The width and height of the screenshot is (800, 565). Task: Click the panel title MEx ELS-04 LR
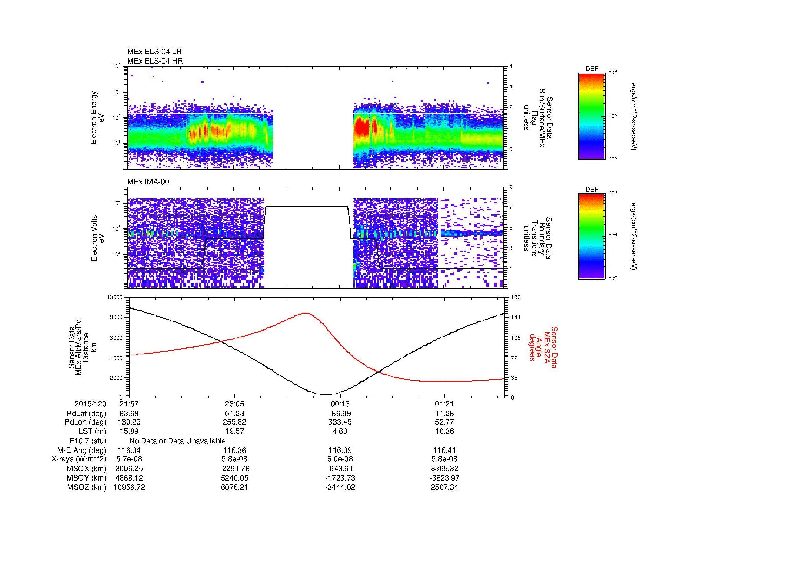(x=154, y=52)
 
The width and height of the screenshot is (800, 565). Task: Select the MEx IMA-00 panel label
(x=148, y=182)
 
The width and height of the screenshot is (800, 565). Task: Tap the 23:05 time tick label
(x=235, y=404)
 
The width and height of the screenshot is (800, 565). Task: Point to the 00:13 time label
(x=340, y=404)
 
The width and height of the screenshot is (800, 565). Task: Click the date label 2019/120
(x=90, y=404)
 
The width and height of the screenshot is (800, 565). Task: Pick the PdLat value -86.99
(x=340, y=414)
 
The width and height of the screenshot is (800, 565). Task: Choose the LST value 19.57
(x=235, y=431)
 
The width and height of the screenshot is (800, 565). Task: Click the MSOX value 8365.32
(x=444, y=469)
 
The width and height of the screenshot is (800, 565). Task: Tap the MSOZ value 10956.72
(x=129, y=487)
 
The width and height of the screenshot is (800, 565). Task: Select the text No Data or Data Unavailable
(x=178, y=441)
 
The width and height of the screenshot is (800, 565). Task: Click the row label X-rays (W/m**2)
(x=79, y=459)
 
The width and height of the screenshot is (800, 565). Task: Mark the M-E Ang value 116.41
(x=444, y=450)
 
